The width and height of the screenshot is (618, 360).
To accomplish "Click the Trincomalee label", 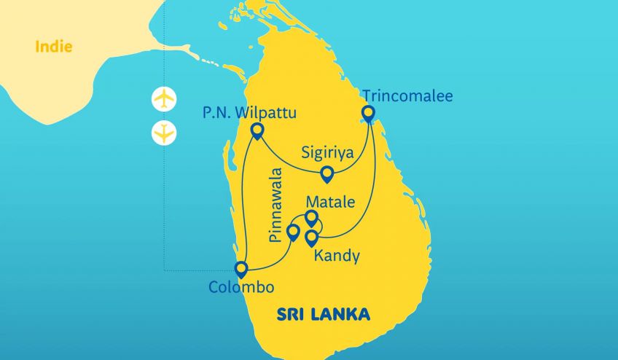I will point(407,95).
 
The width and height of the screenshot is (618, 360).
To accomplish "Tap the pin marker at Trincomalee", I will point(368,114).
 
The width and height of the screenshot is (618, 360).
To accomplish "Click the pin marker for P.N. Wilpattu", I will point(257,131).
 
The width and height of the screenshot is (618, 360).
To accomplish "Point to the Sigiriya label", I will point(329,153).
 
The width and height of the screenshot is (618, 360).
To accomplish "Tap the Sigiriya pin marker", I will point(327,173).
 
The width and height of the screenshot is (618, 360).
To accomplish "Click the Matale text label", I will point(331,200).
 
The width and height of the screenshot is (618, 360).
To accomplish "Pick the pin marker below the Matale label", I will point(312,217).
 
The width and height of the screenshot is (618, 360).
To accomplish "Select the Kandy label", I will point(336,257).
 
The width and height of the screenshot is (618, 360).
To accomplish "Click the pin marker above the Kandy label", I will point(312,237).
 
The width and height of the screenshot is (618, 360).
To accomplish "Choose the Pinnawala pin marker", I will point(293,232).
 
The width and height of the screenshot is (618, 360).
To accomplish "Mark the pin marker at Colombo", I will point(241,269).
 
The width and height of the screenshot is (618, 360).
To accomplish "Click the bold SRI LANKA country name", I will point(323,315).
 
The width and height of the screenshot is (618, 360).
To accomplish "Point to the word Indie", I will point(53,48).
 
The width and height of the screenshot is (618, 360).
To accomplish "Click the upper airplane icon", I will point(166,98).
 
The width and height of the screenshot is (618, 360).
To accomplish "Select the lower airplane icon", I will point(166,133).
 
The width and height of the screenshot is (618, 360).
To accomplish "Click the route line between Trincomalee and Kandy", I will point(374,189).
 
